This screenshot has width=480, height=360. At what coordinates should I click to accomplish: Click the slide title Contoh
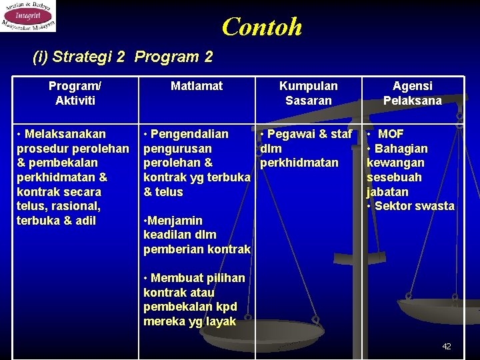(x=261, y=27)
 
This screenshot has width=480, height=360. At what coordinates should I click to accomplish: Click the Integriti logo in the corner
(x=28, y=16)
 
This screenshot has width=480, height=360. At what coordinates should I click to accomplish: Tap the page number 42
(x=447, y=346)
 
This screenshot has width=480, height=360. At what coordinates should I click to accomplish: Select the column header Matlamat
(x=197, y=86)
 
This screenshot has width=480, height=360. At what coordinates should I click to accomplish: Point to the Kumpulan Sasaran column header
(x=308, y=93)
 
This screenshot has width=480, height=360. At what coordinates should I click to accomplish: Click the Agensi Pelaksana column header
(x=412, y=93)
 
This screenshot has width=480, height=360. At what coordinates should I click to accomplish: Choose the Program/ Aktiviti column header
(x=75, y=93)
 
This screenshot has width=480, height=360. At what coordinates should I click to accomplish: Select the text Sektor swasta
(x=414, y=206)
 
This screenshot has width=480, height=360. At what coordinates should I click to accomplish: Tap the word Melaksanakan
(x=65, y=134)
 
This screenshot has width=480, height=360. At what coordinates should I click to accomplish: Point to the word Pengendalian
(x=189, y=134)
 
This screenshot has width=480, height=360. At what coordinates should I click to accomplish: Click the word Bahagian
(x=401, y=149)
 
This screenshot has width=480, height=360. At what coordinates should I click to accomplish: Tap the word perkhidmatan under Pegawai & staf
(x=299, y=163)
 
